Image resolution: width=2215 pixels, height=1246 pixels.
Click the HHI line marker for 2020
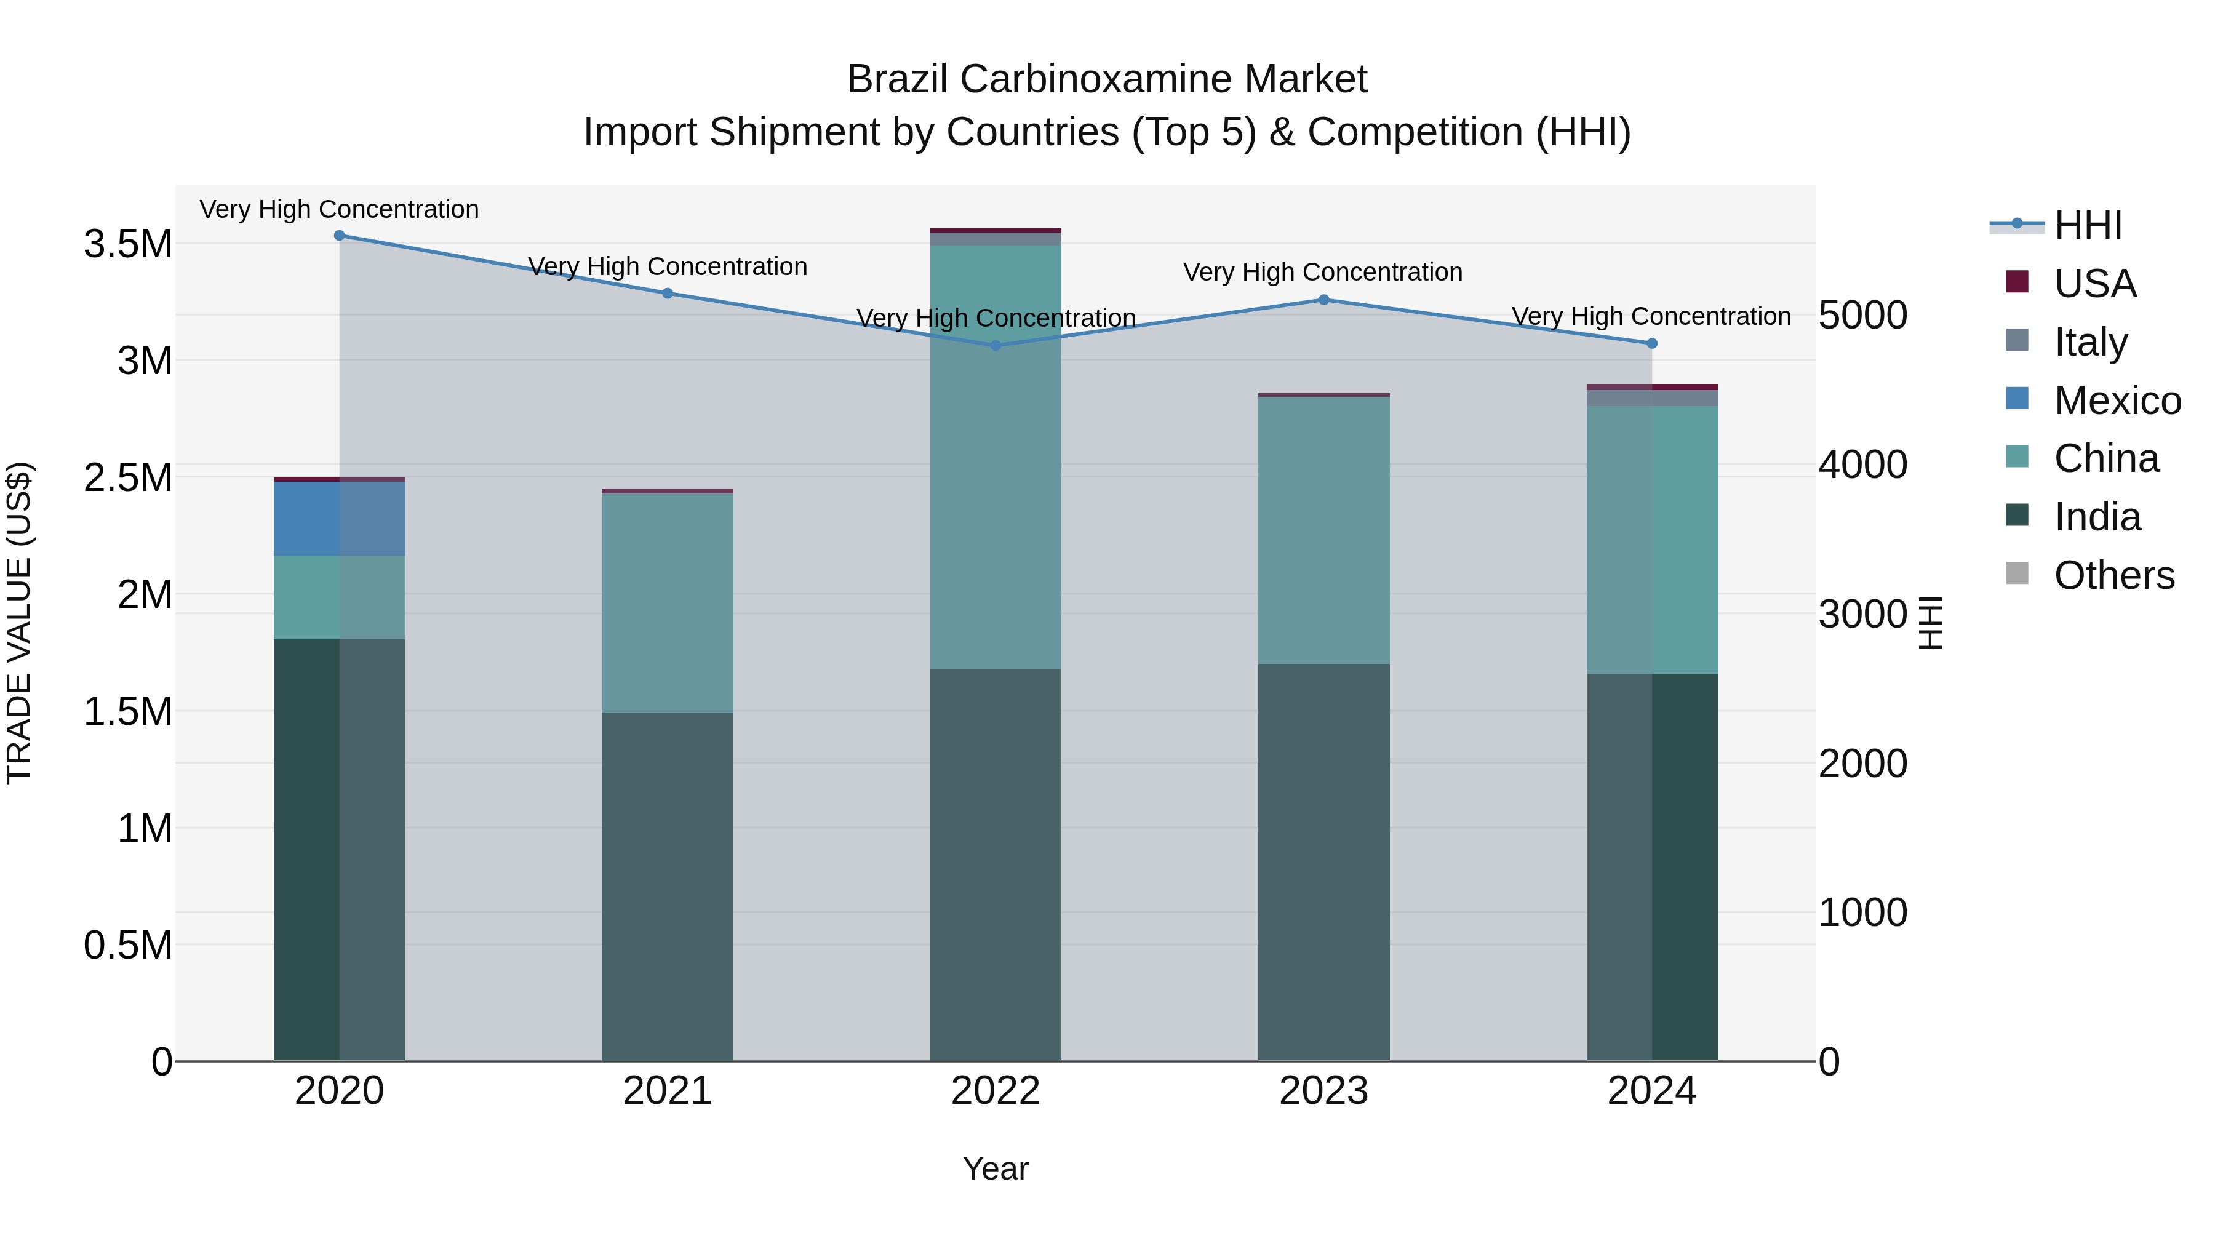coord(339,236)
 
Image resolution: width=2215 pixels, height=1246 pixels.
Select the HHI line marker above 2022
coord(996,346)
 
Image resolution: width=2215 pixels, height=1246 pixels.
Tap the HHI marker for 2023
coord(1324,300)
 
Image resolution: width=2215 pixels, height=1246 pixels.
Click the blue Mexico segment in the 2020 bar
coord(339,519)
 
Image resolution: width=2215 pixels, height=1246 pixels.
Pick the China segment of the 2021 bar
coord(667,602)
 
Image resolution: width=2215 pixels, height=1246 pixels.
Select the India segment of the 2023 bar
coord(1324,860)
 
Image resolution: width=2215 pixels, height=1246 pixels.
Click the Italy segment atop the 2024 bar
coord(1652,398)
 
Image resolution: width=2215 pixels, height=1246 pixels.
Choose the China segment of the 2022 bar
coord(996,456)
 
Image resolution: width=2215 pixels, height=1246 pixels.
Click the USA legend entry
coord(2094,284)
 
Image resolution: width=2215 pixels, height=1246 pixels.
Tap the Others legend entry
coord(2113,575)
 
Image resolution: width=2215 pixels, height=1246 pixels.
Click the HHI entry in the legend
coord(2087,225)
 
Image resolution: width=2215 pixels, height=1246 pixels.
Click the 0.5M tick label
coord(128,945)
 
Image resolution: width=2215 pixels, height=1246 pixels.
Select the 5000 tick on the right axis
coord(1862,316)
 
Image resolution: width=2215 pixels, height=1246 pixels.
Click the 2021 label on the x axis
coord(667,1091)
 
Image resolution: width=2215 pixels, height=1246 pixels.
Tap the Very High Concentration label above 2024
coord(1651,316)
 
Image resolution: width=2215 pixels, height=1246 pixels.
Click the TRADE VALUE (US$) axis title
coord(19,623)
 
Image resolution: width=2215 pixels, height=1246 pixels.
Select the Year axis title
coord(995,1168)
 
